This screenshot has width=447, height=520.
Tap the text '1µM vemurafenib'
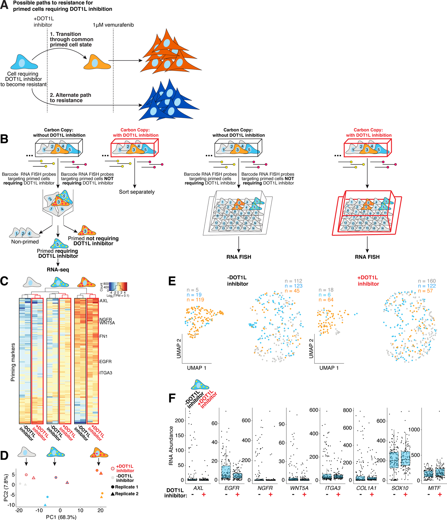click(113, 25)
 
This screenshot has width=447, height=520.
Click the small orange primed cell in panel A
click(97, 62)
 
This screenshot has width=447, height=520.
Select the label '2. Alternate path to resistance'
click(70, 98)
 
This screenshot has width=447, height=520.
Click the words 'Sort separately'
click(137, 192)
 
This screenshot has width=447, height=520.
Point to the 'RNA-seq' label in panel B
click(58, 270)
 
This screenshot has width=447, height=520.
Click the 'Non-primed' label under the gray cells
click(25, 242)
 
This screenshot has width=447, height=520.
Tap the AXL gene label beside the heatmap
click(104, 301)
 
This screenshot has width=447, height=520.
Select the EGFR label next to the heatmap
click(105, 361)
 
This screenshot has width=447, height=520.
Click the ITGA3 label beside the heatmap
click(106, 373)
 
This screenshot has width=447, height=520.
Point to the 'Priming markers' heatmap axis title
click(13, 362)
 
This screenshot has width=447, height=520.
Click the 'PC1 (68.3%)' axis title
click(61, 517)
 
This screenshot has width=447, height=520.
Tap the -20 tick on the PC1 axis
click(19, 510)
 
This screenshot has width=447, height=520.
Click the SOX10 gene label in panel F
click(400, 488)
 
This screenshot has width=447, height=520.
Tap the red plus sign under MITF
click(439, 495)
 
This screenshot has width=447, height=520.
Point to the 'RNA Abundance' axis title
click(171, 445)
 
